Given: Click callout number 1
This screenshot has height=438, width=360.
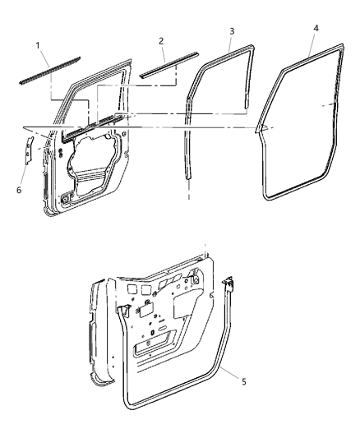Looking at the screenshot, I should (x=37, y=42).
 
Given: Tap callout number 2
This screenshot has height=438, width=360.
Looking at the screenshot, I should (x=160, y=40).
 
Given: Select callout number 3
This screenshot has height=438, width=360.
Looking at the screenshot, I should (x=232, y=32).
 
